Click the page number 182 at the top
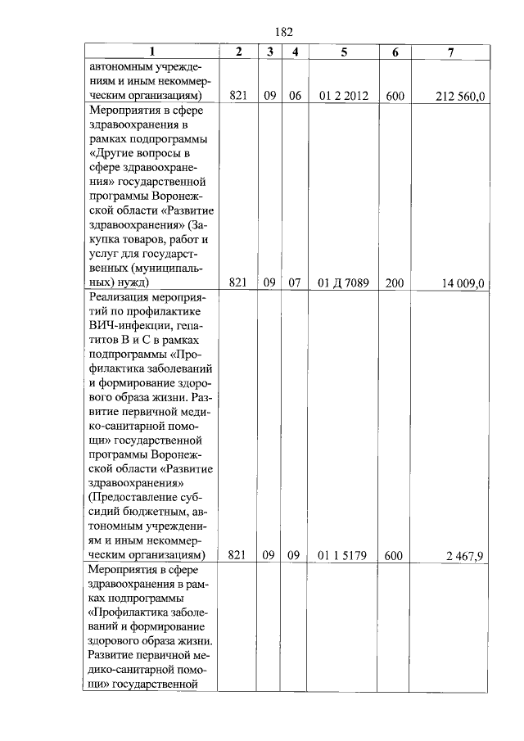(284, 32)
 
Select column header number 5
(344, 52)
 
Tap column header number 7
(451, 52)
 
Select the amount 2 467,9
(466, 556)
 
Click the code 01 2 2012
(343, 96)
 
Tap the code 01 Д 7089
(343, 282)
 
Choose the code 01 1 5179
(343, 556)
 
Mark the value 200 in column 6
(395, 282)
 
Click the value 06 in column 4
(295, 96)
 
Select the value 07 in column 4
(295, 282)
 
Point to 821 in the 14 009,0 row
(237, 282)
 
